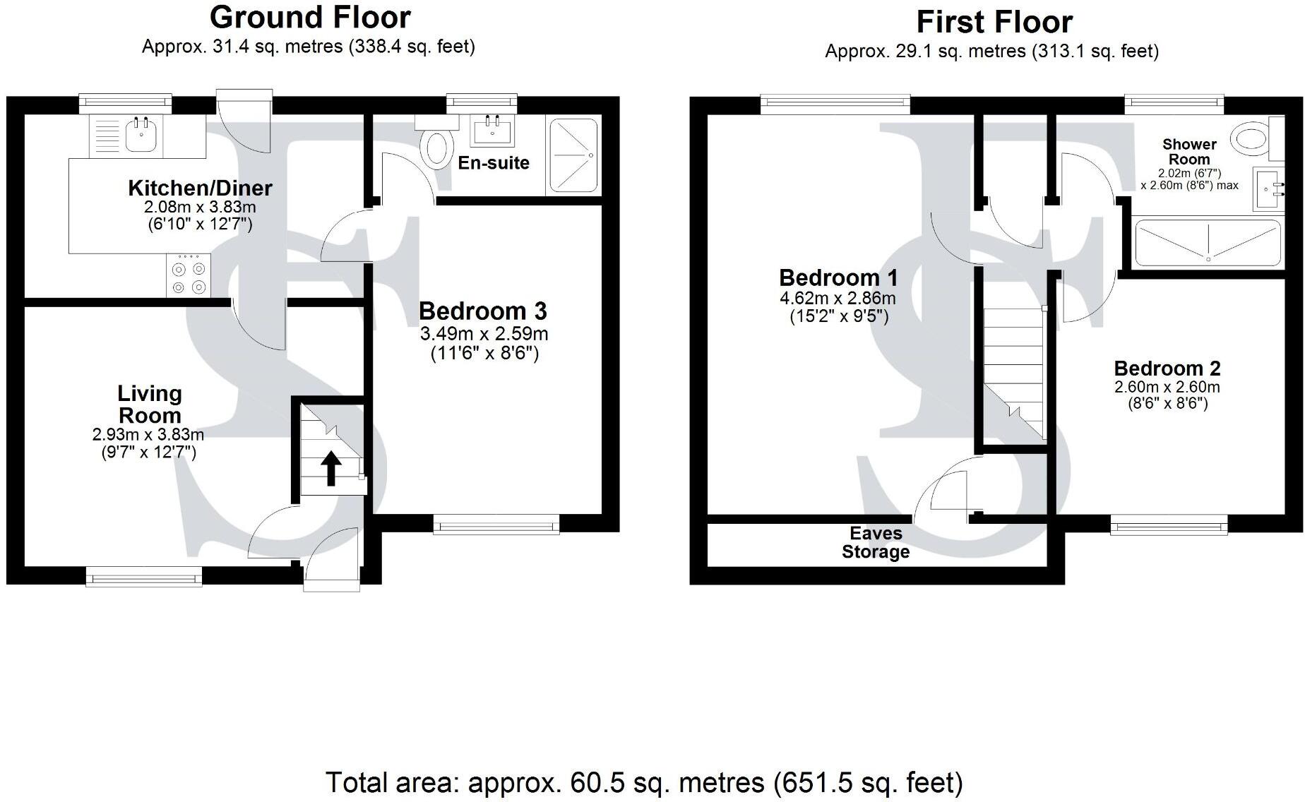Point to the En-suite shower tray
point(573,155)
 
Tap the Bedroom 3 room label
point(482,311)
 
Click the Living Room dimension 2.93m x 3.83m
point(148,434)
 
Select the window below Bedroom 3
point(496,524)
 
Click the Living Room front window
point(144,577)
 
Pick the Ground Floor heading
point(310,17)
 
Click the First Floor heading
point(994,22)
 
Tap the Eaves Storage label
point(876,543)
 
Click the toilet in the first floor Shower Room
point(1251,138)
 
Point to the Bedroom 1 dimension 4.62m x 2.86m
point(838,299)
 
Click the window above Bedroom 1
point(835,104)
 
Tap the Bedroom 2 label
point(1167,368)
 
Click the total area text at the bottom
point(644,782)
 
